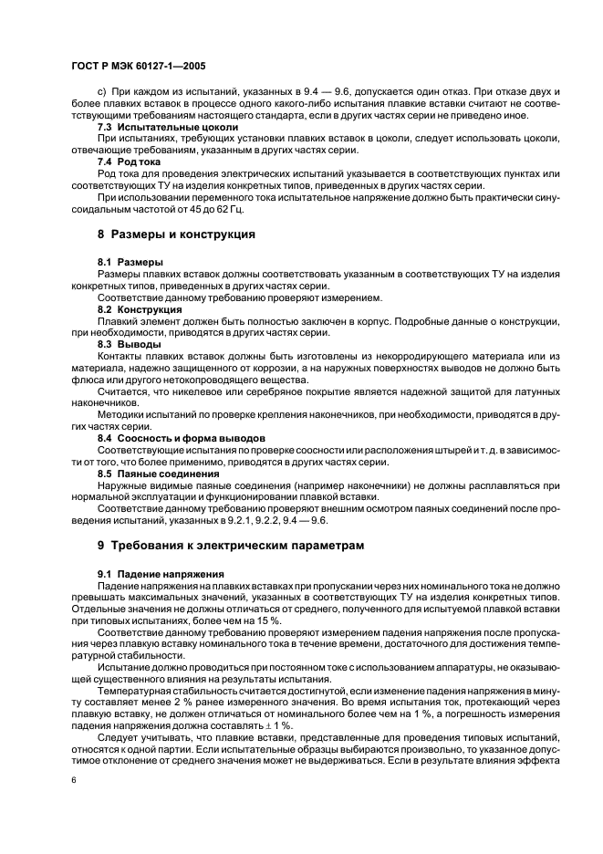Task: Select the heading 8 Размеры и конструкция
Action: tap(175, 234)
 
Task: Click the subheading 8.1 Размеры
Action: tap(130, 262)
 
